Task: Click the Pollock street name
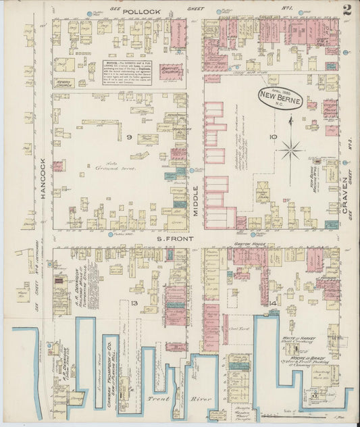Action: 141,12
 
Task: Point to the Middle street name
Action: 197,200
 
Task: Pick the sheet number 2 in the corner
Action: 346,9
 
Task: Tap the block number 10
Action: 273,137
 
